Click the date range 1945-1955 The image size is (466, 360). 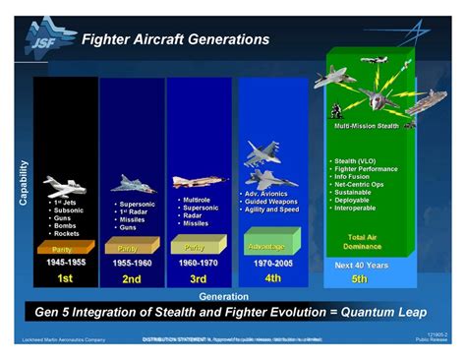(x=66, y=263)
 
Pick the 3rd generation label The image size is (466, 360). (x=197, y=279)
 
